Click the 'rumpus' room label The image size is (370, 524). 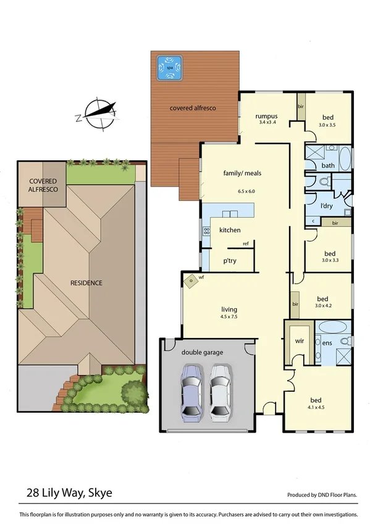(267, 116)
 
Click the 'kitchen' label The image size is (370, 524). (230, 230)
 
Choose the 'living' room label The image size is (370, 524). (230, 310)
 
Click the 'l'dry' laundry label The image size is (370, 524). (327, 205)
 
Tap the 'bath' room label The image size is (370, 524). (328, 166)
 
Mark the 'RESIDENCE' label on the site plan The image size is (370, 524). (85, 283)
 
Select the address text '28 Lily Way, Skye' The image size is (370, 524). (70, 493)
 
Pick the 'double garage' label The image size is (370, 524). (203, 352)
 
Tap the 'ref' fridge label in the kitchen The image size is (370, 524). (245, 243)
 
